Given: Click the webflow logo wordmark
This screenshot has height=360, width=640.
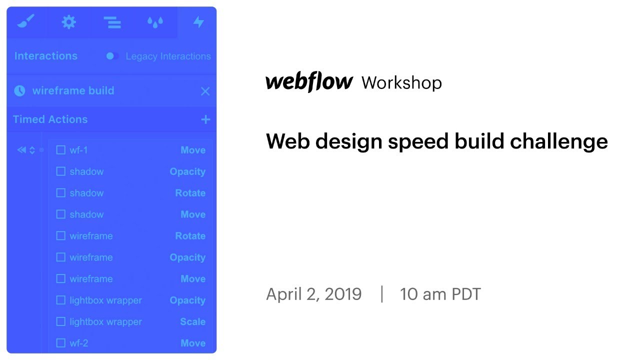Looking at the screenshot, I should click(x=309, y=82).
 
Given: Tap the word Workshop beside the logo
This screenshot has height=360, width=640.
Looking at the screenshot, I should click(x=401, y=82).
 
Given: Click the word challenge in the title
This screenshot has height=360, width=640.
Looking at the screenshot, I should click(x=559, y=141).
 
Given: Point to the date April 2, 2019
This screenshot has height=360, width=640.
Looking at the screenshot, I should click(x=313, y=294).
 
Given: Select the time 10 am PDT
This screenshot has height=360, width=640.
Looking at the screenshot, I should click(x=440, y=294).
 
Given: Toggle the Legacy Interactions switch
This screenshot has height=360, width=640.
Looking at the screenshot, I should click(x=112, y=56).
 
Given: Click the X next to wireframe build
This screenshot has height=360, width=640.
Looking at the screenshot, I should click(x=205, y=91).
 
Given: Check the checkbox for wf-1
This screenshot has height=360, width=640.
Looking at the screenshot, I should click(x=61, y=150).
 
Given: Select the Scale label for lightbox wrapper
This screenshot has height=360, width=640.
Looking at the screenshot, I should click(x=192, y=321).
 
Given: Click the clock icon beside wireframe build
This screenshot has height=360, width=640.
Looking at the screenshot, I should click(x=19, y=91).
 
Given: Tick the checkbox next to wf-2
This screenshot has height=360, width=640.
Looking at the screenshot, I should click(x=61, y=343).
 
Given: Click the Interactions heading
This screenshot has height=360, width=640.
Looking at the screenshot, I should click(x=46, y=56).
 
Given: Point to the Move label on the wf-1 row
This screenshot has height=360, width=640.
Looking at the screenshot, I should click(x=193, y=150).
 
